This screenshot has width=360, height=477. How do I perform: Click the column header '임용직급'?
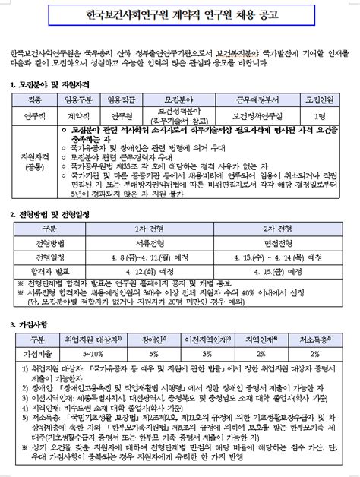click(x=122, y=99)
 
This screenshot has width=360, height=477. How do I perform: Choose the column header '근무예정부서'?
click(x=257, y=99)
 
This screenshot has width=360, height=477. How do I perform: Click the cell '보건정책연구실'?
click(x=257, y=115)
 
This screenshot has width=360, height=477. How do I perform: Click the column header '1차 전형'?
click(x=153, y=229)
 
